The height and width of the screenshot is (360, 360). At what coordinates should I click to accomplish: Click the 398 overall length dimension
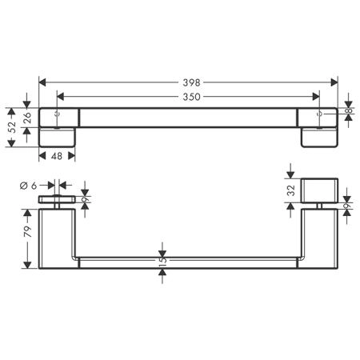[191, 82]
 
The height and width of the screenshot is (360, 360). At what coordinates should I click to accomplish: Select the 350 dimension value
[191, 97]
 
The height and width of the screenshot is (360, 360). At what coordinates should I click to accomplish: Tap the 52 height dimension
[12, 127]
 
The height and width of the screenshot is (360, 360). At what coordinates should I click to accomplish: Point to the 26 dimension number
[28, 118]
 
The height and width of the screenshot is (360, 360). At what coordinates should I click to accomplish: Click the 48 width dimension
[57, 156]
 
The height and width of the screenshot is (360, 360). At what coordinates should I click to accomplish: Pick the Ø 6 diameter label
[28, 186]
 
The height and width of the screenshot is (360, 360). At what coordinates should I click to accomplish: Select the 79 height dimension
[28, 231]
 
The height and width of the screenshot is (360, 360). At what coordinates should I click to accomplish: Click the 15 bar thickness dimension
[162, 258]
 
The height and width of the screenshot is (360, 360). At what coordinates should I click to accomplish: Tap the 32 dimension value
[291, 190]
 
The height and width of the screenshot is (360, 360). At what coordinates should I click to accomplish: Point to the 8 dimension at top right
[349, 110]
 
